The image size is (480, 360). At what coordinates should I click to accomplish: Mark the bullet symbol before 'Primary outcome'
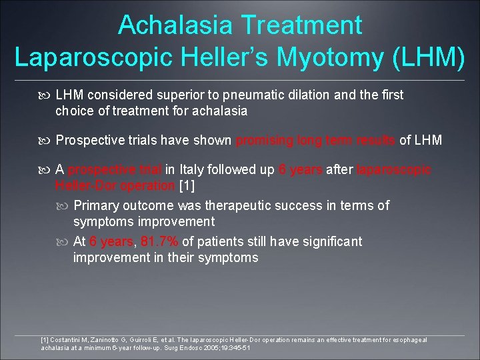click(x=64, y=206)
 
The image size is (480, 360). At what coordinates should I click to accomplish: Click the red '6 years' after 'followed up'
click(x=301, y=170)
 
